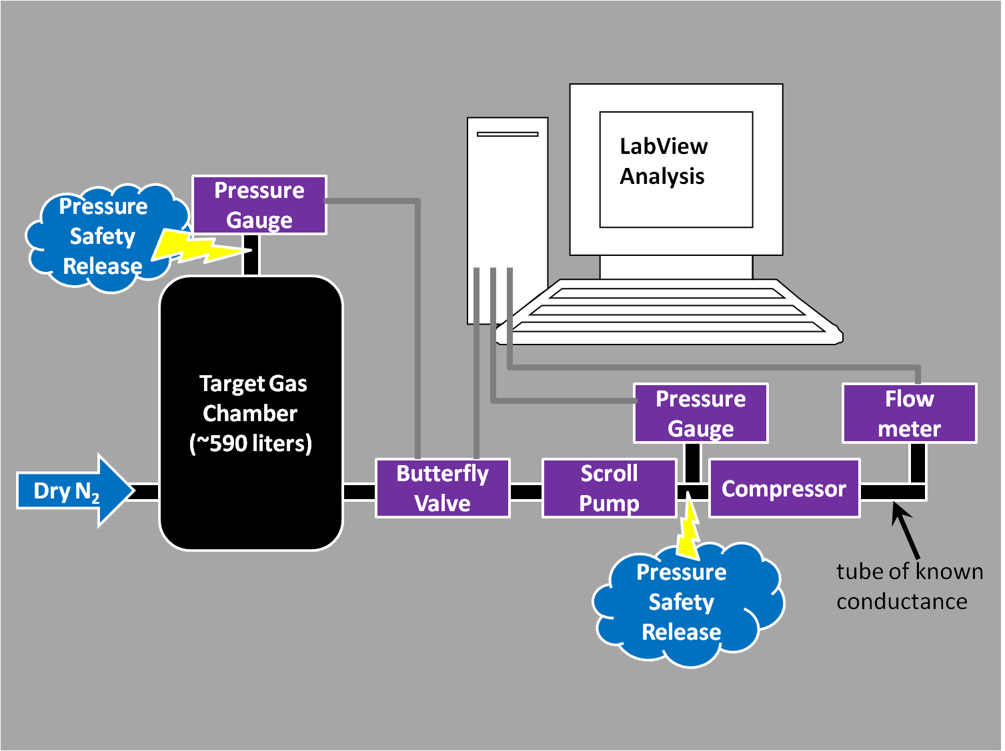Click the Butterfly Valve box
(443, 488)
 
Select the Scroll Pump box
(610, 488)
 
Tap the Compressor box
(784, 488)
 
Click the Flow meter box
(910, 413)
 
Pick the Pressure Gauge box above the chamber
(259, 205)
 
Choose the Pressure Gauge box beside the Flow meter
(701, 413)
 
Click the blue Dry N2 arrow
(73, 491)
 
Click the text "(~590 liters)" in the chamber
(251, 444)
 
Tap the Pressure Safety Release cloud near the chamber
(100, 237)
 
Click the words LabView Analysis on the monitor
(663, 161)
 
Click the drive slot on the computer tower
(508, 134)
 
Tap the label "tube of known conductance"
(909, 586)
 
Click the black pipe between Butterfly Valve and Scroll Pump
(526, 492)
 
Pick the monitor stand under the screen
(676, 267)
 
